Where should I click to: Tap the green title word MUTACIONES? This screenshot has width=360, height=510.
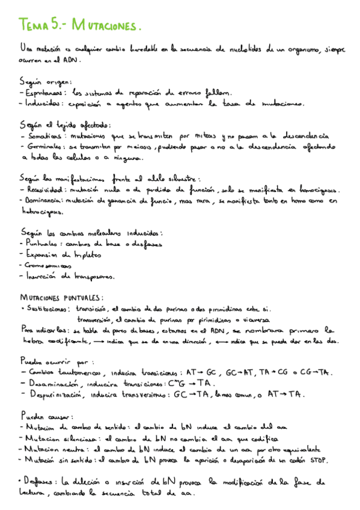pos(106,26)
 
